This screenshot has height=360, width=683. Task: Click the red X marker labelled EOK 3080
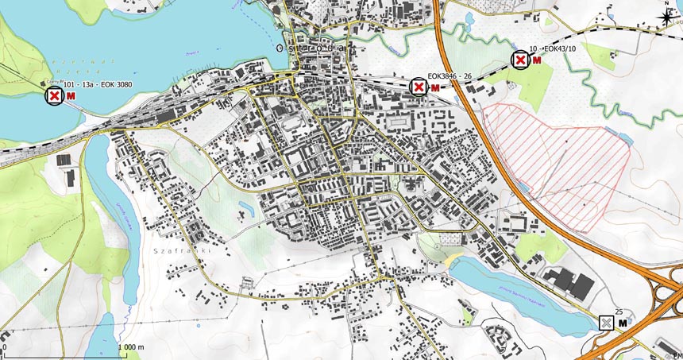click(x=55, y=96)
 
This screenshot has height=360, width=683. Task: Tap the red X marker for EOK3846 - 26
click(x=419, y=87)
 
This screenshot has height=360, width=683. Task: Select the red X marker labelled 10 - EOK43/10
click(x=520, y=60)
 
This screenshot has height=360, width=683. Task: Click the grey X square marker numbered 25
click(x=607, y=323)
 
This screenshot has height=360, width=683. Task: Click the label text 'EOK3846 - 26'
click(x=450, y=75)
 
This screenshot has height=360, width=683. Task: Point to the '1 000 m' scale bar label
click(x=129, y=347)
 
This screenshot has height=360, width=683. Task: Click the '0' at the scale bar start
click(x=5, y=347)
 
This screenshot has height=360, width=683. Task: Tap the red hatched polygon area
click(x=556, y=163)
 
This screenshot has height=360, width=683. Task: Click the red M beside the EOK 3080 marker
click(x=71, y=96)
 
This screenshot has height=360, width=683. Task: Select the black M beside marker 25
click(x=623, y=323)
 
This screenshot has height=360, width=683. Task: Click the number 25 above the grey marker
click(x=619, y=312)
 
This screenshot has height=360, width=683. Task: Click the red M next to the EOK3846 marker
click(x=434, y=87)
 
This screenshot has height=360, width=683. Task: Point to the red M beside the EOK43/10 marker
click(x=537, y=61)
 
